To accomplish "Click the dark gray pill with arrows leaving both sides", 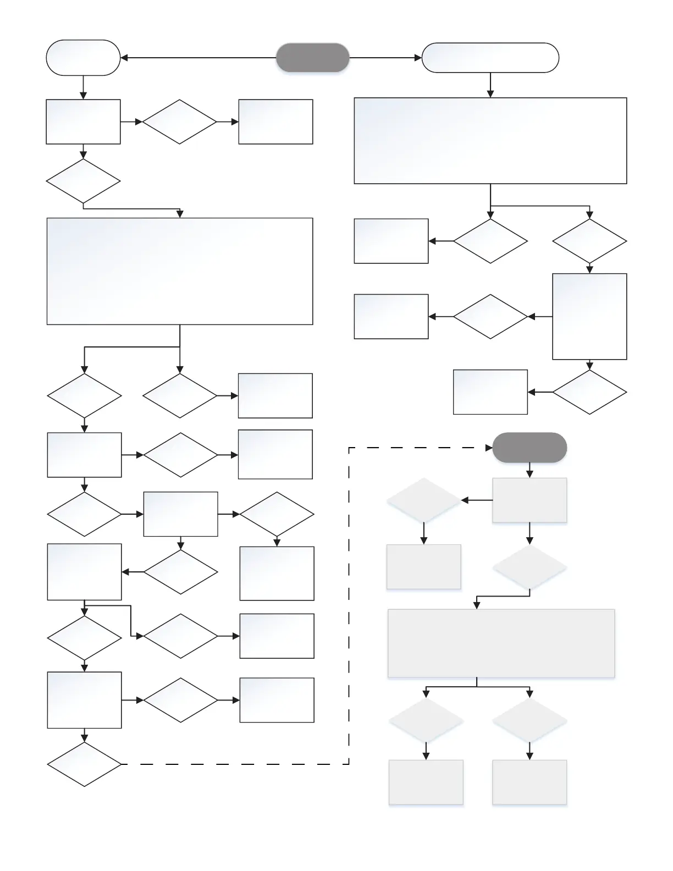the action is coord(312,58).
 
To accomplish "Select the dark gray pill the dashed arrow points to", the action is coord(529,448).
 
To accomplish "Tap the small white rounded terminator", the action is coord(83,58).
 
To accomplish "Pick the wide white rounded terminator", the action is coord(490,58).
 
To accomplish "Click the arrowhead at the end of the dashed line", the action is coord(489,448).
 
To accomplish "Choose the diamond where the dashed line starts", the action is coord(84,764).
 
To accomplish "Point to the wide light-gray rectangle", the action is coord(501,643).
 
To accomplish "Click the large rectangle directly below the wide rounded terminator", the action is coord(490,141).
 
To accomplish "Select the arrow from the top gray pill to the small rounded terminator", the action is coord(198,58).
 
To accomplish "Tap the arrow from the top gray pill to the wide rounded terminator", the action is coord(385,58).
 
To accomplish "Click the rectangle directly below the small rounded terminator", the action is coord(83,122).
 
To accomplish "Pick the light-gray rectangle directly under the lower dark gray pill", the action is coord(529,500).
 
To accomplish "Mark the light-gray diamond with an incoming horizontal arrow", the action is coord(424,500).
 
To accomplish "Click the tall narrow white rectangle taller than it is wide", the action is coord(589,316).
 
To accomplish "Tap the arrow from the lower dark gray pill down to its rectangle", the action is coord(529,470).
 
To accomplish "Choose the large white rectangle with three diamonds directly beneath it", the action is coord(180,271).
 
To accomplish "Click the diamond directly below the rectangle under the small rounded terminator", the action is coord(83,181).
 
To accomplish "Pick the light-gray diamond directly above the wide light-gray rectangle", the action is coord(529,567).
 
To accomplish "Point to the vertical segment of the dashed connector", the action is coord(349,605).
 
